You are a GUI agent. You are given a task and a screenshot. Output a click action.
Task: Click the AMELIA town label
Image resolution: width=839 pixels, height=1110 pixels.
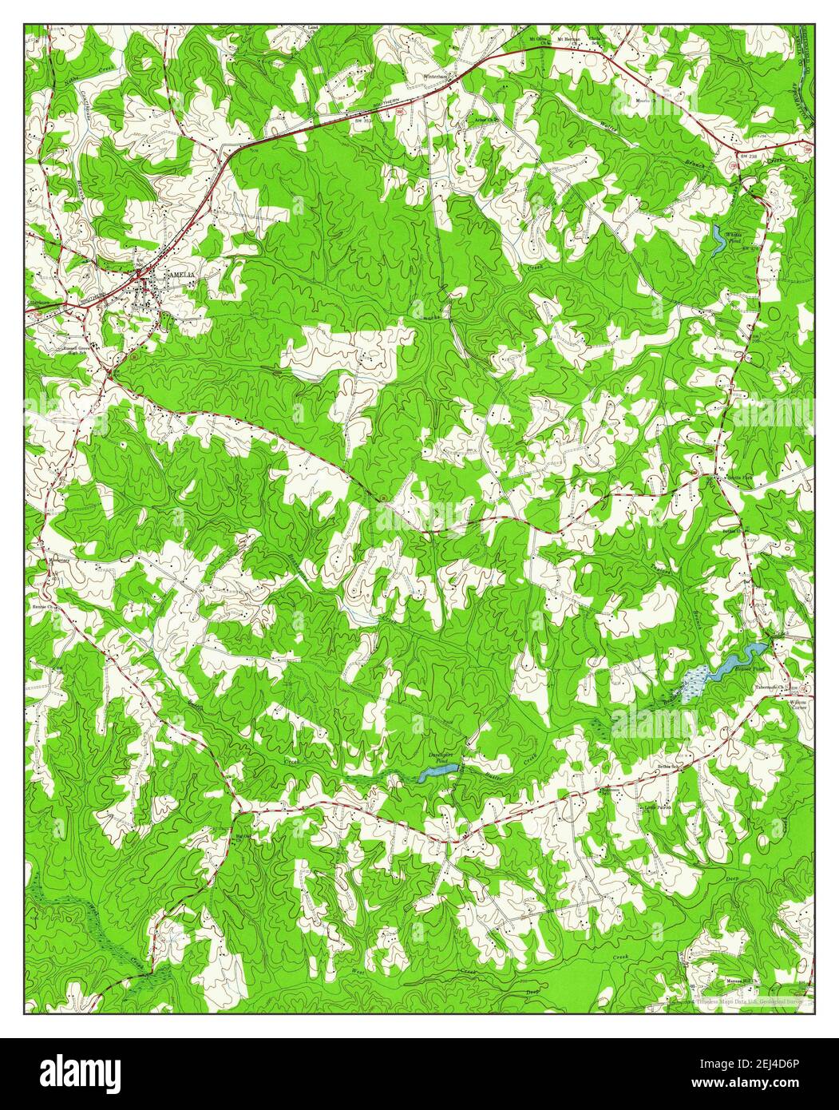click(180, 274)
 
